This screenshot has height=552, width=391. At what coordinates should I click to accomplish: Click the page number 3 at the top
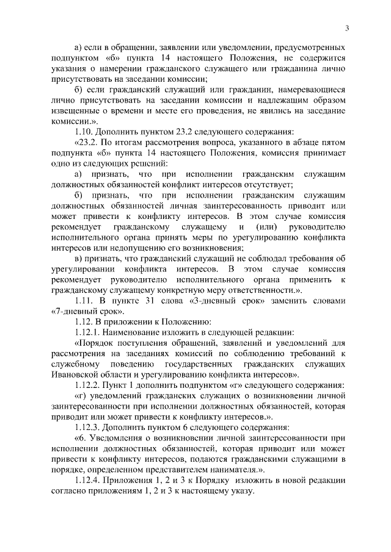[346, 27]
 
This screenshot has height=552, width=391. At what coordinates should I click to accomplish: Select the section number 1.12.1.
[88, 332]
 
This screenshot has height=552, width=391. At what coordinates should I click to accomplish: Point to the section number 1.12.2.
[88, 385]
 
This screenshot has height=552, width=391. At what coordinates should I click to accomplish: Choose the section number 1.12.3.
[88, 428]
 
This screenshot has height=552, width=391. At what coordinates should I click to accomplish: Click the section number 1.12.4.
[88, 481]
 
